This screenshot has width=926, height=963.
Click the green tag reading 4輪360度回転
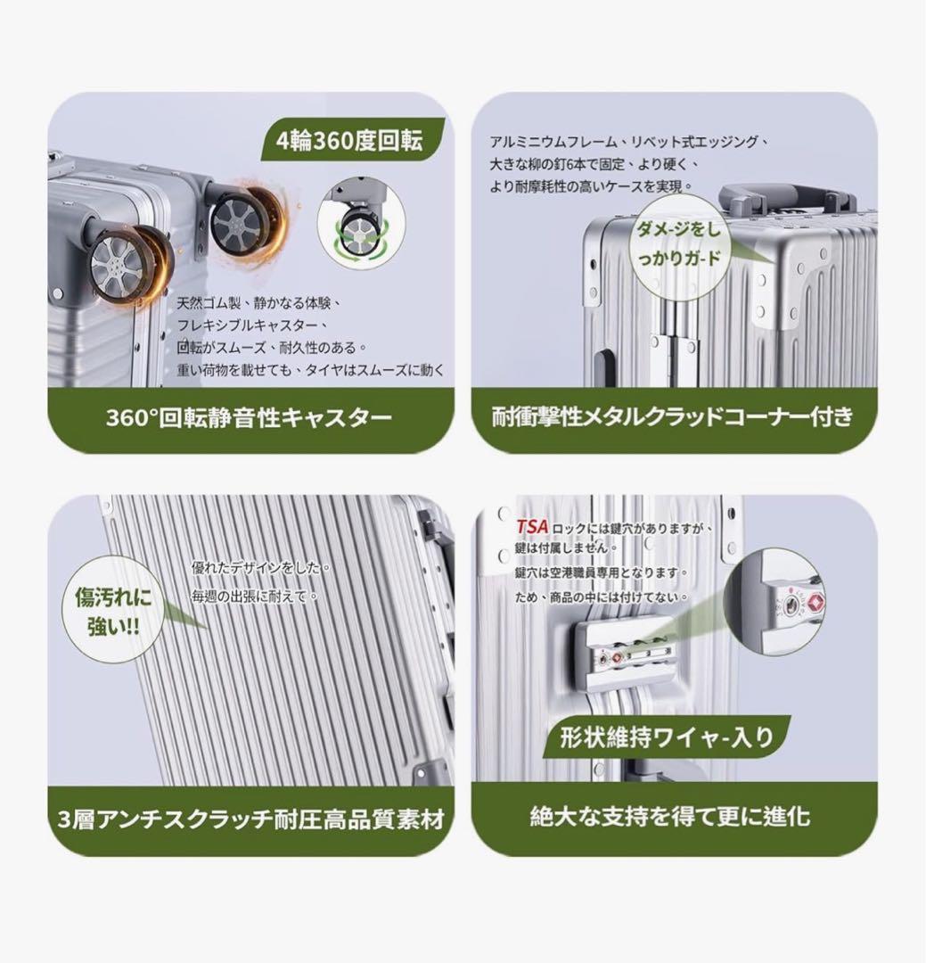[x=351, y=141]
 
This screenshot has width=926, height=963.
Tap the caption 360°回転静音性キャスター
[x=249, y=418]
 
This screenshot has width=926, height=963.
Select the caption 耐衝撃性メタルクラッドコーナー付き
[x=672, y=416]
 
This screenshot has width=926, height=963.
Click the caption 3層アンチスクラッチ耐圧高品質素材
[x=250, y=819]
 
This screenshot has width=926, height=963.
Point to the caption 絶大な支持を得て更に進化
[x=670, y=816]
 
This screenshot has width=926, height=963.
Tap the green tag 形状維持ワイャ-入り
[x=668, y=737]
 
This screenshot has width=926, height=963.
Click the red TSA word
[x=532, y=527]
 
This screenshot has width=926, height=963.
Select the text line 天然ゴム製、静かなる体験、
[x=259, y=303]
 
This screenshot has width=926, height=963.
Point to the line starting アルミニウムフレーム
[x=629, y=142]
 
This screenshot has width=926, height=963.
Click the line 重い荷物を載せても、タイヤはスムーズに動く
[x=310, y=370]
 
